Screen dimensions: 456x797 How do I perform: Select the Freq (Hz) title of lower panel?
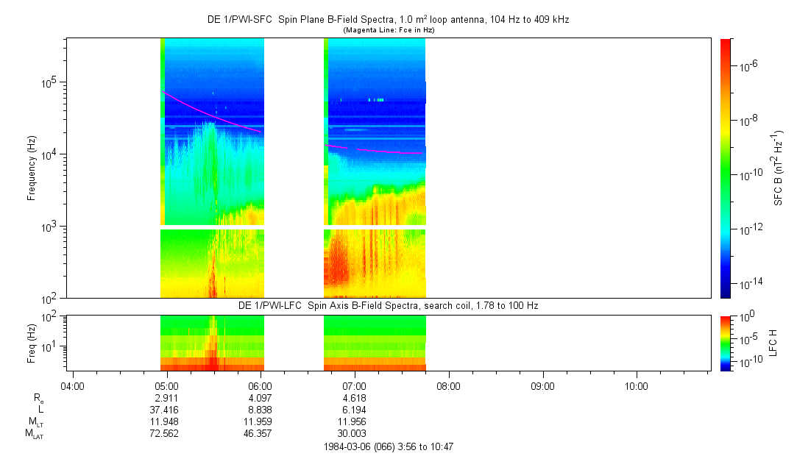(x=32, y=342)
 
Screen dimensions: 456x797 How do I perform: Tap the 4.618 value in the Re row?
(x=355, y=398)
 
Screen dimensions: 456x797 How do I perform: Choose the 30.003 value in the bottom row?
(x=355, y=433)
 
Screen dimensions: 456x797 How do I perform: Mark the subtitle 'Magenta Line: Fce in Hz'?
(x=388, y=30)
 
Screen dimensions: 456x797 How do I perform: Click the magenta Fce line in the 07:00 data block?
(x=383, y=151)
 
